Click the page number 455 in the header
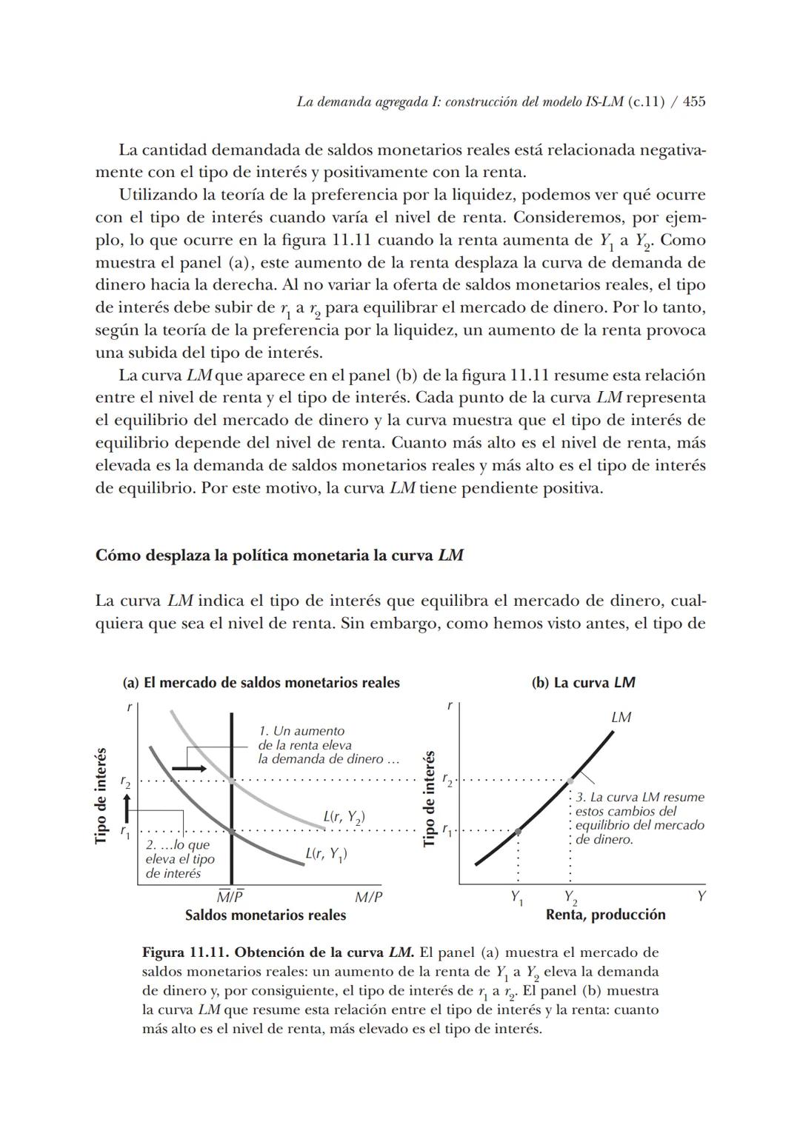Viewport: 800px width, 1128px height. click(x=694, y=102)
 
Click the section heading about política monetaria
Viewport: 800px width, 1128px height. click(x=279, y=555)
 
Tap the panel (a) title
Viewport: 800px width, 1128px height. click(x=261, y=683)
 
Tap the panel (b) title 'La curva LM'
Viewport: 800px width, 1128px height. click(x=583, y=683)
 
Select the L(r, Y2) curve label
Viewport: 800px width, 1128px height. click(x=344, y=818)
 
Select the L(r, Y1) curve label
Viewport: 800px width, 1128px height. click(x=326, y=854)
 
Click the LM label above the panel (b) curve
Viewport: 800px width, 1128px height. click(x=621, y=717)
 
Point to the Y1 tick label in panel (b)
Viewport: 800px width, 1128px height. click(x=517, y=897)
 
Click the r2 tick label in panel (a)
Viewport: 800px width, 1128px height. click(x=125, y=781)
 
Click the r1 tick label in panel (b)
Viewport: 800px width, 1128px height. click(x=447, y=831)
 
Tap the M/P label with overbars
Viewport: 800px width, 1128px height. click(x=230, y=896)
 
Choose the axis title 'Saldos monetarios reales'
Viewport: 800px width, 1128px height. click(x=265, y=915)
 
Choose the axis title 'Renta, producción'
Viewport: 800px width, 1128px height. click(x=605, y=915)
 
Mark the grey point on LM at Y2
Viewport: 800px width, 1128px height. click(x=570, y=781)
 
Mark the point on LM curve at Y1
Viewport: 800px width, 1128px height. click(x=518, y=831)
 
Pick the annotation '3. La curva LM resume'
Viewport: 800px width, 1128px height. click(x=640, y=798)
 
